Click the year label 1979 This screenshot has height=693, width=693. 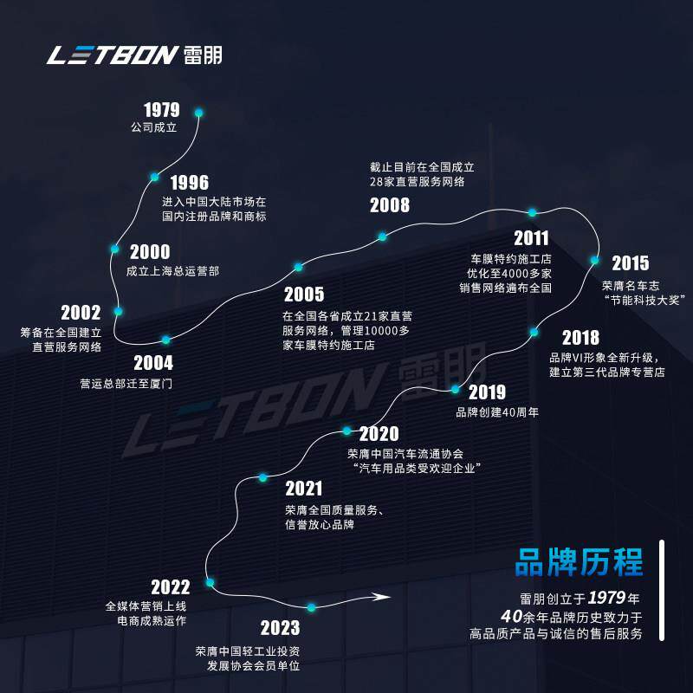[x=162, y=110]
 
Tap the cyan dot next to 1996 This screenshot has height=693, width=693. [x=154, y=177]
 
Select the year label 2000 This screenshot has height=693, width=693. [x=150, y=252]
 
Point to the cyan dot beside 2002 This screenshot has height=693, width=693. [x=119, y=311]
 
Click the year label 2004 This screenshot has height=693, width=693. [x=153, y=364]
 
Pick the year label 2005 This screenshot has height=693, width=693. [x=303, y=295]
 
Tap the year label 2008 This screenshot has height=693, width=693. [x=390, y=205]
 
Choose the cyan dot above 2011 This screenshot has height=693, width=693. [x=533, y=212]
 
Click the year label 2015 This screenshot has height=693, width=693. [x=630, y=263]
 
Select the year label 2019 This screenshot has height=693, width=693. [x=487, y=392]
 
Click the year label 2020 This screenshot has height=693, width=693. [x=379, y=433]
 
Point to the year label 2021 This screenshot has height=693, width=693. [x=303, y=489]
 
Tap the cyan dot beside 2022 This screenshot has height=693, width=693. [x=210, y=582]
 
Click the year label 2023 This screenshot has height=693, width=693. [x=280, y=628]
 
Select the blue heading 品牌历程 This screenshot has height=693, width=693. [x=580, y=562]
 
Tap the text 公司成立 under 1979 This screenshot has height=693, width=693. [x=152, y=128]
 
